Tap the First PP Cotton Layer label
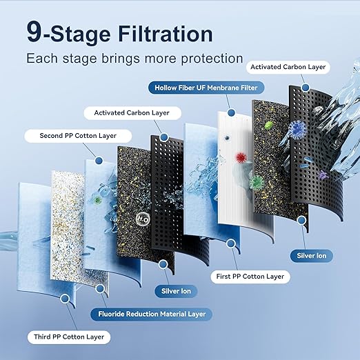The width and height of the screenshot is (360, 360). point(241,277)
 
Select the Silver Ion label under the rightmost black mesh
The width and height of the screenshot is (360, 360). point(313,256)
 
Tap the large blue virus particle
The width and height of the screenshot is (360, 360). point(278,129)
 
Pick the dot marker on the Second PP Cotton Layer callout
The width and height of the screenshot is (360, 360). point(99,161)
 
